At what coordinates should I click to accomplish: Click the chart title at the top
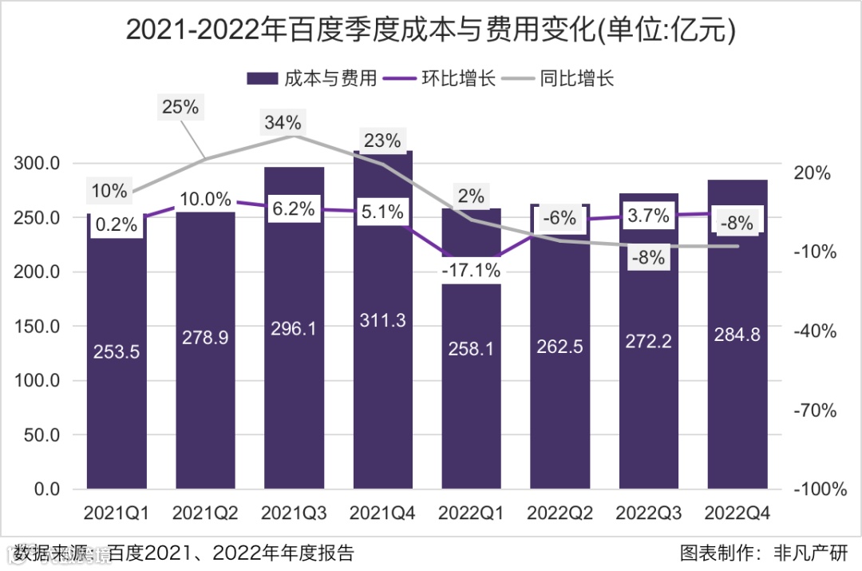tap(431, 30)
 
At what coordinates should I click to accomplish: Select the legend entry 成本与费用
tap(312, 78)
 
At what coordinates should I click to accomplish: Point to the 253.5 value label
tap(117, 352)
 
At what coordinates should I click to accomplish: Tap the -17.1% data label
tap(471, 272)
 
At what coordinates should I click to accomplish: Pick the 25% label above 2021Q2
tap(180, 106)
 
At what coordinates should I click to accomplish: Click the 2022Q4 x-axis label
tap(737, 512)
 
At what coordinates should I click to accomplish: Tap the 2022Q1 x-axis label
tap(471, 512)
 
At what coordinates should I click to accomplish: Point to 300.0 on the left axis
tap(38, 164)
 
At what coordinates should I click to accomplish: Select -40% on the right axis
tap(814, 331)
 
